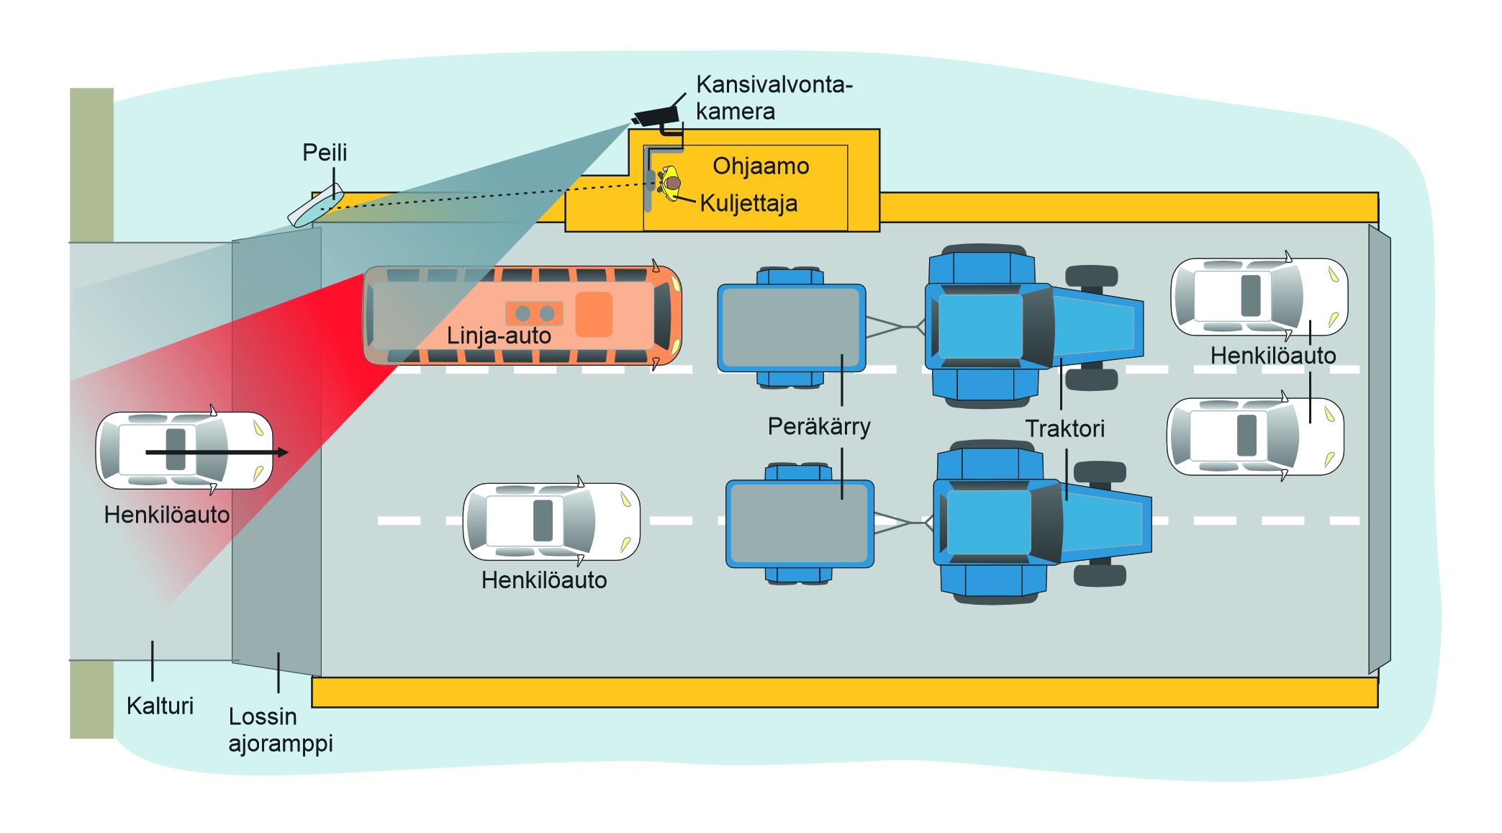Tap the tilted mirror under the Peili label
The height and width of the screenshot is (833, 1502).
click(315, 206)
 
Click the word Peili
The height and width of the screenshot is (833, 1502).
click(325, 153)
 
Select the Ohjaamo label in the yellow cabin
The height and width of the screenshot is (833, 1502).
click(761, 166)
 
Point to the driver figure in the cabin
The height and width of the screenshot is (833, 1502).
click(670, 183)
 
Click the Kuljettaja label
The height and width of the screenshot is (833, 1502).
click(748, 203)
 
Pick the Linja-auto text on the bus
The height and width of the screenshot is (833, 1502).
click(499, 336)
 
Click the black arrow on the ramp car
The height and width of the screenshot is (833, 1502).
click(216, 452)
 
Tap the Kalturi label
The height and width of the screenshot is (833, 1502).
click(160, 706)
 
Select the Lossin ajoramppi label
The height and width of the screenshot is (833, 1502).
click(280, 729)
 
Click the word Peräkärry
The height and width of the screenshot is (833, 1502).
click(819, 426)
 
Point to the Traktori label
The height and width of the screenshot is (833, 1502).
click(1064, 428)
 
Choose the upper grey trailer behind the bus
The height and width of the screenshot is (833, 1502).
click(791, 328)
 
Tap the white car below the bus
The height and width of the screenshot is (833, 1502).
click(551, 521)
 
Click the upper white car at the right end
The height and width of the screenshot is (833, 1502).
click(1259, 297)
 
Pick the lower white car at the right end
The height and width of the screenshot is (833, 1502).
click(1254, 436)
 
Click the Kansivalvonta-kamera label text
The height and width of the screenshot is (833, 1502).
click(774, 98)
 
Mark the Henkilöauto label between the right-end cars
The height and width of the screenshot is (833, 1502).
click(1272, 356)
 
